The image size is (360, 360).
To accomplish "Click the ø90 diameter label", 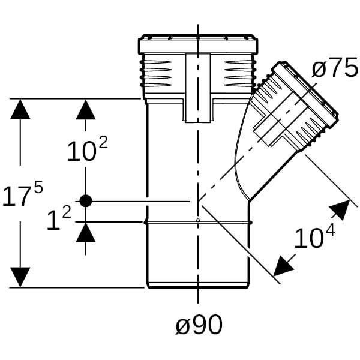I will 199,325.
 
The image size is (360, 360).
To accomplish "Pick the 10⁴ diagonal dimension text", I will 314,238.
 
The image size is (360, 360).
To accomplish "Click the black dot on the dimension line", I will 86,202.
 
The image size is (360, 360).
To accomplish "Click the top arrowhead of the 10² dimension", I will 86,110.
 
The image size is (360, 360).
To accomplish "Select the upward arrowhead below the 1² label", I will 86,232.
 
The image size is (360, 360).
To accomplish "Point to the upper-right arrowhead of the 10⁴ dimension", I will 340,210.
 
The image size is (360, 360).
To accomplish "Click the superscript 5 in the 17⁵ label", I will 38,187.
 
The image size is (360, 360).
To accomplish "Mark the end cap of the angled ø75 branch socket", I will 313,90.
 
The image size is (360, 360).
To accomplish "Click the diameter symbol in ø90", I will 183,326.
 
